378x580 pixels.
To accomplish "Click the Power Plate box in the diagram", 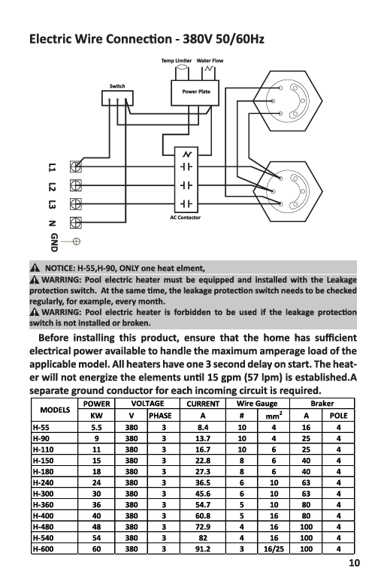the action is pos(195,93).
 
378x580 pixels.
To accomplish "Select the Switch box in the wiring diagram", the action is pos(117,98).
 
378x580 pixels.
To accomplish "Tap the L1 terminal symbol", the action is pos(76,167).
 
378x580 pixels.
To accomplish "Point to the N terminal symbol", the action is pos(76,223).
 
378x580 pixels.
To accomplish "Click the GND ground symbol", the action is pos(77,242).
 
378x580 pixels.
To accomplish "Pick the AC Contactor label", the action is pos(186,218).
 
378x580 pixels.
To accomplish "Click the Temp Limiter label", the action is pos(177,61).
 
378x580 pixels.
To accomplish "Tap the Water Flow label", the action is pos(210,61).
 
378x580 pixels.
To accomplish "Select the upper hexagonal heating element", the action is pos(288,101).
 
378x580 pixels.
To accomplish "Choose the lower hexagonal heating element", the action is pos(288,191).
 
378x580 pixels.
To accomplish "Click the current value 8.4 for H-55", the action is pos(203,428).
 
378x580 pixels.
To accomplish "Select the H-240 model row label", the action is pos(43,482).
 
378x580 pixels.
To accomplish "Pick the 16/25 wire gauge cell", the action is pos(274,549).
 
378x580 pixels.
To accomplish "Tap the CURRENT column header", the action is pos(203,404).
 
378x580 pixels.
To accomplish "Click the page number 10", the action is pos(354,563).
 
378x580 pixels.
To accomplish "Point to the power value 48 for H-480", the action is pos(96,527).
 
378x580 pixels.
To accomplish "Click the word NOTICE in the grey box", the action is pos(59,268).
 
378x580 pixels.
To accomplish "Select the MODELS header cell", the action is pos(55,410).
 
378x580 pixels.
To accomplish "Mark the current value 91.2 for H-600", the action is pos(203,549).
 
